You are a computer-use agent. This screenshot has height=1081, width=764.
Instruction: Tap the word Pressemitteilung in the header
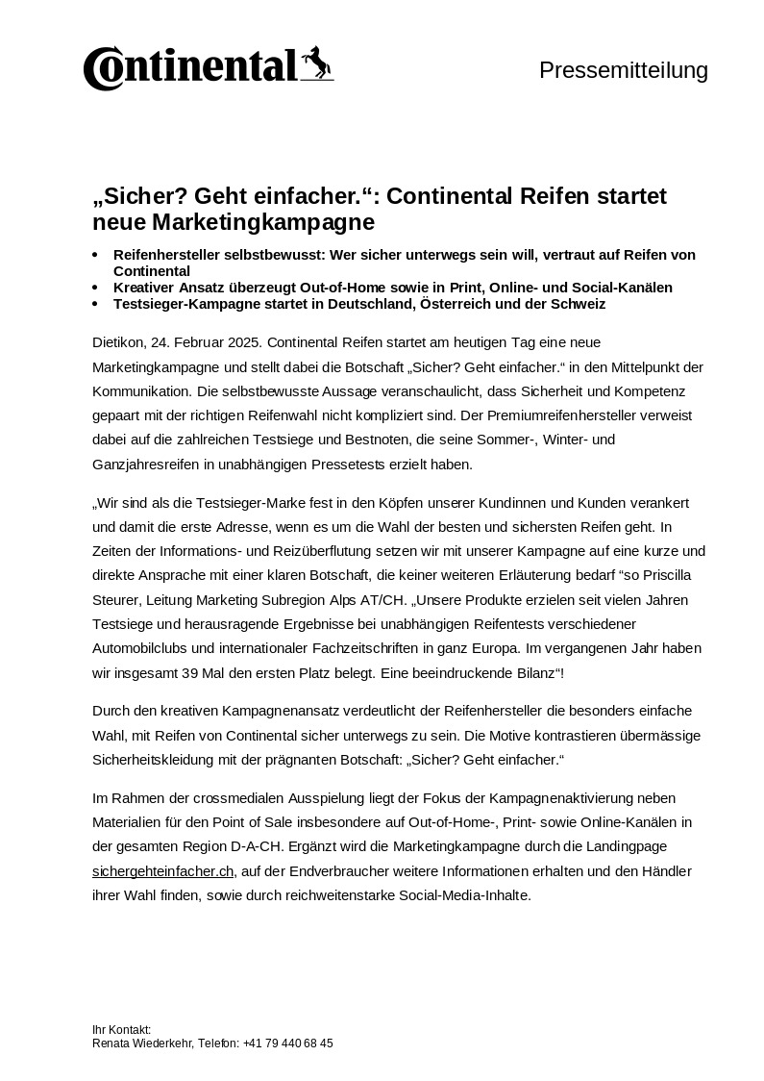(x=623, y=70)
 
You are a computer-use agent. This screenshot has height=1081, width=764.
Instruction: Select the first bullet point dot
(x=95, y=255)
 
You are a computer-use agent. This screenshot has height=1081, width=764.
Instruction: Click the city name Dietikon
(x=118, y=342)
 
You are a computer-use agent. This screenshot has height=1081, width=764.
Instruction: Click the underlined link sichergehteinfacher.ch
(x=163, y=871)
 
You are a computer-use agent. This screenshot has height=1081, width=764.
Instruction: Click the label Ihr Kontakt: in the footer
(x=122, y=1029)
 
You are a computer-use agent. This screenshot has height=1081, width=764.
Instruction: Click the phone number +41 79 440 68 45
(x=288, y=1043)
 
